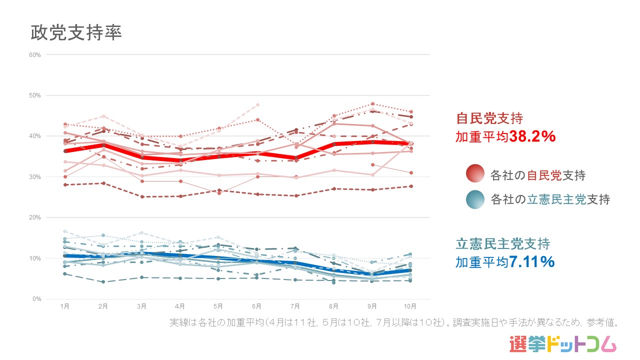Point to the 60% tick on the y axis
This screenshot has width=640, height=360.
point(35,54)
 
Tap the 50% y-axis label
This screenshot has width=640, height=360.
point(35,95)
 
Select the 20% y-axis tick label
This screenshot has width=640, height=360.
point(35,217)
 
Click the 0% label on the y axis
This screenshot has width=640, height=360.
point(37,299)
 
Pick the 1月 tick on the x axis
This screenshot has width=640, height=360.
point(64,306)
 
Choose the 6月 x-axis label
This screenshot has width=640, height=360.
point(257,306)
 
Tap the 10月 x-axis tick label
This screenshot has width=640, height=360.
point(410,306)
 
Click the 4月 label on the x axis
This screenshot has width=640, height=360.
point(180,306)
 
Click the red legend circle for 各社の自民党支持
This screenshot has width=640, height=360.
point(475,174)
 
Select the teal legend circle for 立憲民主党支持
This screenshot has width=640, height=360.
point(475,199)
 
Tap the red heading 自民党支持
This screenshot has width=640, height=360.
point(489,119)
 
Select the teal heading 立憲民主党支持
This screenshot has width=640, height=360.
point(503,244)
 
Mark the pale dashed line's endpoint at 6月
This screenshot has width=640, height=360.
point(257,104)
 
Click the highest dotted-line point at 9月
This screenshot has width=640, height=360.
point(372,104)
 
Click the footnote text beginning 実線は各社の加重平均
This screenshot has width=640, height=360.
point(394,323)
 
